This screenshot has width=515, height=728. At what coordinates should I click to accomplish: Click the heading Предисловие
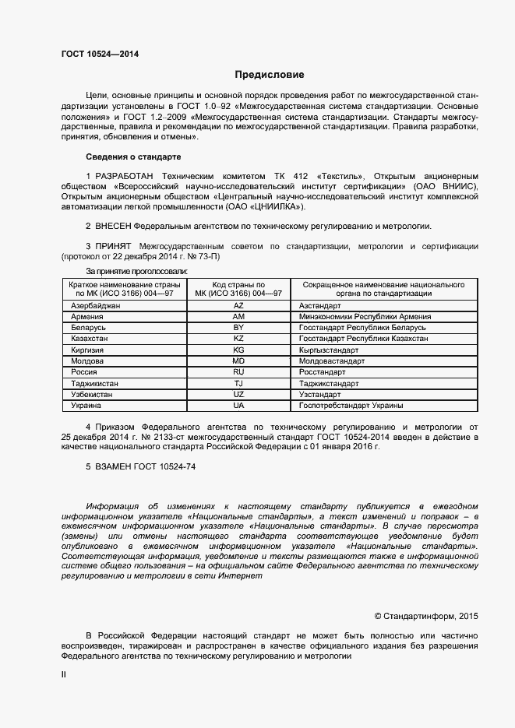[270, 75]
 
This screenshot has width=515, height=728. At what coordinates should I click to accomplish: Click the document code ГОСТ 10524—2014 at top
[101, 55]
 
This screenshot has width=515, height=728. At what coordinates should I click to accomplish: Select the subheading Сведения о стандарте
[132, 157]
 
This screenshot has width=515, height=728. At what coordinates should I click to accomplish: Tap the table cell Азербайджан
[96, 307]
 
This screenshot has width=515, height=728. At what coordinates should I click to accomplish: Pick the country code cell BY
[238, 329]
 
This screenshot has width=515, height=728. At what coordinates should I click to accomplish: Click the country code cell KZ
[238, 339]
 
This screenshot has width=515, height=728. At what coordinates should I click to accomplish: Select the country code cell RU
[238, 373]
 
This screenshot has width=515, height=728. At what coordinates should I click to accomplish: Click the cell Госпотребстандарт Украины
[351, 406]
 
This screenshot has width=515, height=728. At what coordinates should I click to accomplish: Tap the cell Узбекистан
[93, 395]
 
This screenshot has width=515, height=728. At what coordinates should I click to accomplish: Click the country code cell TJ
[238, 384]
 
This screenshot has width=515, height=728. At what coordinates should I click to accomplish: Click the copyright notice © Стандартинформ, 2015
[426, 616]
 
